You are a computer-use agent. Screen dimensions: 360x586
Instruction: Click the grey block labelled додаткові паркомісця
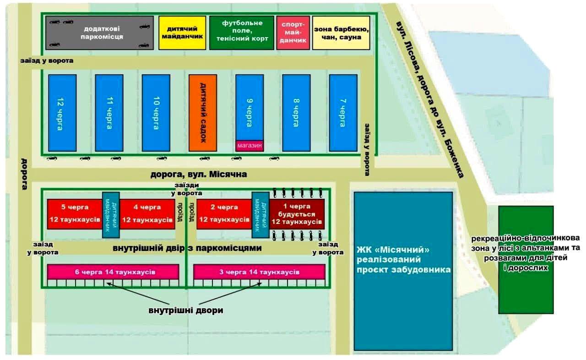[99, 33]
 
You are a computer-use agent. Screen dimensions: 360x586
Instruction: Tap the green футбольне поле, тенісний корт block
[242, 33]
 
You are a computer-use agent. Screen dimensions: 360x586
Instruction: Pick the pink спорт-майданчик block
[293, 33]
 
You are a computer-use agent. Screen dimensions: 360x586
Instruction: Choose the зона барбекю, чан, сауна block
[341, 33]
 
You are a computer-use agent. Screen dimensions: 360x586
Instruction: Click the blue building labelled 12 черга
[62, 113]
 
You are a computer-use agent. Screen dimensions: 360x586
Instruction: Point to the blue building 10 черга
[156, 113]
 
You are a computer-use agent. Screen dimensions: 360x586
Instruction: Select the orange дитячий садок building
[202, 113]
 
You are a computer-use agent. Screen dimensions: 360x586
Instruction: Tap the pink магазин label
[250, 146]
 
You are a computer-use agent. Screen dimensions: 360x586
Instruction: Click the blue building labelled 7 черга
[343, 113]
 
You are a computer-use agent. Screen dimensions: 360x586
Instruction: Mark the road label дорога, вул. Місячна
[199, 175]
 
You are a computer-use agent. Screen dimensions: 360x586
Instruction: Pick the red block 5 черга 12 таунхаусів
[75, 214]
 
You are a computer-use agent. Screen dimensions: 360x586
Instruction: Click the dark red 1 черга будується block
[297, 214]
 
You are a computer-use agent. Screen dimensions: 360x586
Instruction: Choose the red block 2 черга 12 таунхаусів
[224, 214]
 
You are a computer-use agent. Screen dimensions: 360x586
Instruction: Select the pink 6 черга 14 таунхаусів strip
[113, 272]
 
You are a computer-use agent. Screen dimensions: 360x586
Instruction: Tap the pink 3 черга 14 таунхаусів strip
[259, 272]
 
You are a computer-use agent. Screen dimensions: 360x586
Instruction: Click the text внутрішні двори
[186, 310]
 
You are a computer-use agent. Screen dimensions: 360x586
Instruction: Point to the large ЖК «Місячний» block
[403, 270]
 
